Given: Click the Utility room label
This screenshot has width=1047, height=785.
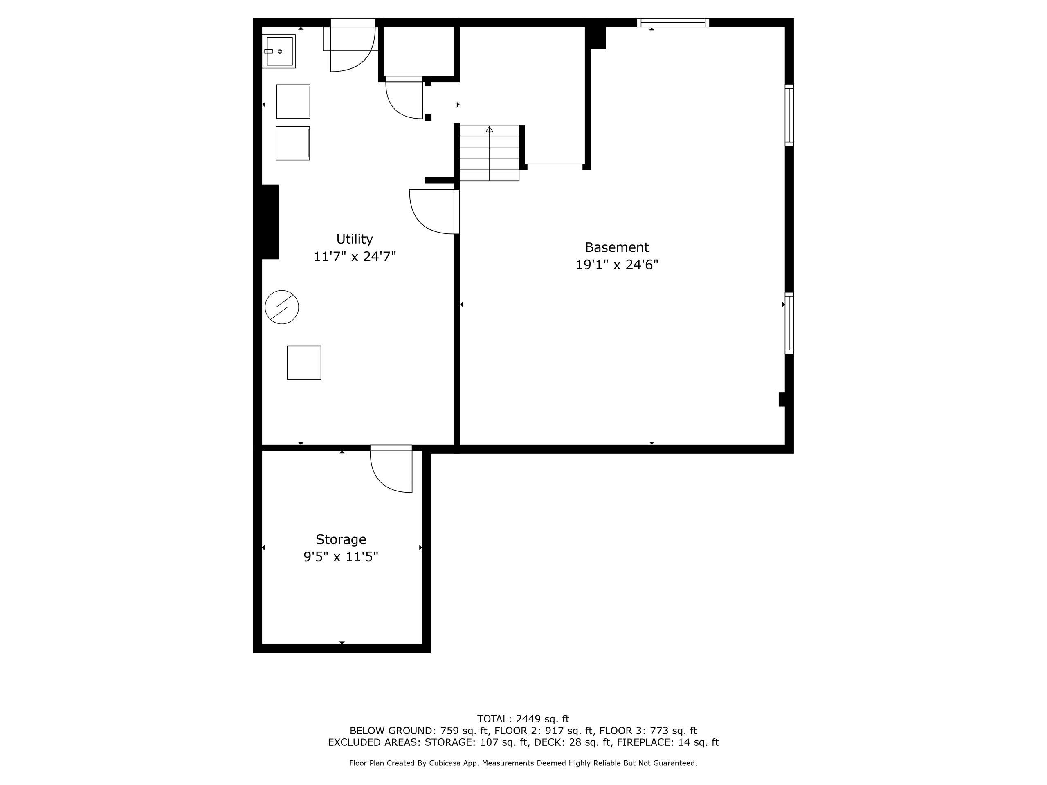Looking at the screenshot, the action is click(x=355, y=239).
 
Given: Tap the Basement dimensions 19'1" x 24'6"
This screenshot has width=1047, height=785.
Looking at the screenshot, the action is click(x=617, y=265).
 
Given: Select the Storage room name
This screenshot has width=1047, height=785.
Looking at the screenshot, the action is click(x=341, y=539).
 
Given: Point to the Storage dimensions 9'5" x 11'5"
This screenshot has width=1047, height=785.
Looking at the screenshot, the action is click(x=341, y=557).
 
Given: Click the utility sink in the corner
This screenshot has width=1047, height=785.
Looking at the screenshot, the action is click(x=279, y=51).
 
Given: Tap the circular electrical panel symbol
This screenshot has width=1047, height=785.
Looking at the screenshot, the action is click(x=282, y=307).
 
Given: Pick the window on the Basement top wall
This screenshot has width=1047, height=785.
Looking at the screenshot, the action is click(x=673, y=23).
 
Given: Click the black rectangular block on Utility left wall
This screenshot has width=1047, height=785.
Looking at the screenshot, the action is click(x=270, y=222).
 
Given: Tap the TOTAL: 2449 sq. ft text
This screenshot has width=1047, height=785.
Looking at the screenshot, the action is click(x=523, y=719).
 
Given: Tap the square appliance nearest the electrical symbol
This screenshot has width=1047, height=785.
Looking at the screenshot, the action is click(x=304, y=363).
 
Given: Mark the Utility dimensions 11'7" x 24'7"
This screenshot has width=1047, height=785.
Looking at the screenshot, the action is click(x=355, y=256).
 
